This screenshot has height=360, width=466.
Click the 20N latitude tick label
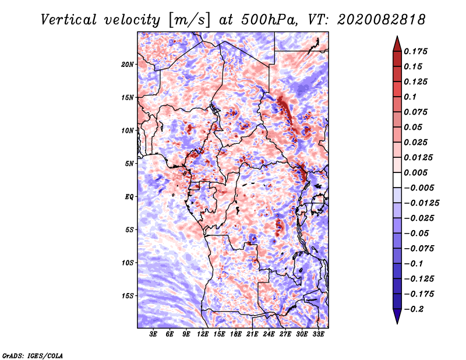[x=128, y=65]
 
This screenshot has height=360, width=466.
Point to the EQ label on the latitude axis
[x=129, y=197]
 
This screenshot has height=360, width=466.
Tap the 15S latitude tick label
[x=128, y=296]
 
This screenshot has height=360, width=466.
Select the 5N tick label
[x=129, y=164]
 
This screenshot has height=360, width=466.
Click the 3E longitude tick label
[x=153, y=334]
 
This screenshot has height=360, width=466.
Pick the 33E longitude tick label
[x=318, y=334]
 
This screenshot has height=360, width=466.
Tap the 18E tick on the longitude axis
[x=236, y=334]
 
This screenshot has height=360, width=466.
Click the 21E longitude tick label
[x=252, y=334]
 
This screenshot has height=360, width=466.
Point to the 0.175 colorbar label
[x=416, y=51]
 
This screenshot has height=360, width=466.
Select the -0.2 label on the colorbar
[x=414, y=309]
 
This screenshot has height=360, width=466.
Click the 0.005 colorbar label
[x=416, y=172]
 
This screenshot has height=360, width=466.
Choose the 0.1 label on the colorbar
[x=410, y=97]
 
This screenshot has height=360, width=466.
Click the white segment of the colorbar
[x=397, y=180]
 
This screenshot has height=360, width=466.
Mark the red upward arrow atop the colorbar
[x=397, y=44]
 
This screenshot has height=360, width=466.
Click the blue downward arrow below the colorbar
[x=397, y=316]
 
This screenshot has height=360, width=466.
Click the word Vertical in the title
[x=69, y=20]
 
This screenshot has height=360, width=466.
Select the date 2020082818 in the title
[x=382, y=20]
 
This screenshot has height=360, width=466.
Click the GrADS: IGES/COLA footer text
[x=33, y=355]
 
